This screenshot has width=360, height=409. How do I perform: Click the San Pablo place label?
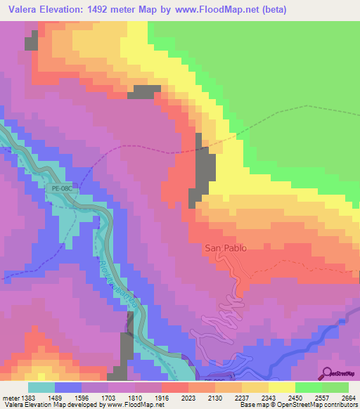[x=227, y=247]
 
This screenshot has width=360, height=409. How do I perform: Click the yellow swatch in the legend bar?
[x=282, y=387]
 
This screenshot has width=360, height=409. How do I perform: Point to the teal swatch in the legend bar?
[x=41, y=387]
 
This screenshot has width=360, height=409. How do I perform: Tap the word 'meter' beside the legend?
[x=12, y=397]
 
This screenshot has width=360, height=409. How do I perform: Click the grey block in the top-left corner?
[x=31, y=42]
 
